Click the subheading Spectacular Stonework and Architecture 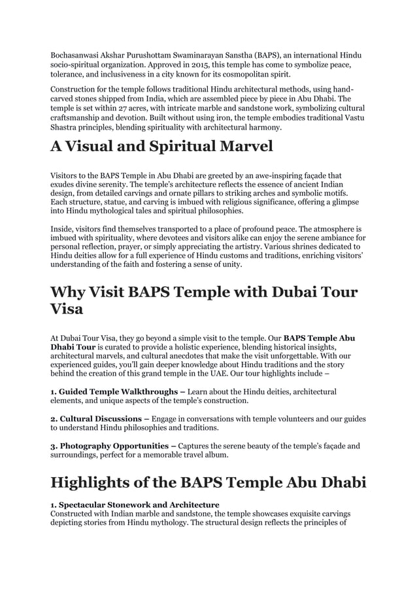(139, 505)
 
